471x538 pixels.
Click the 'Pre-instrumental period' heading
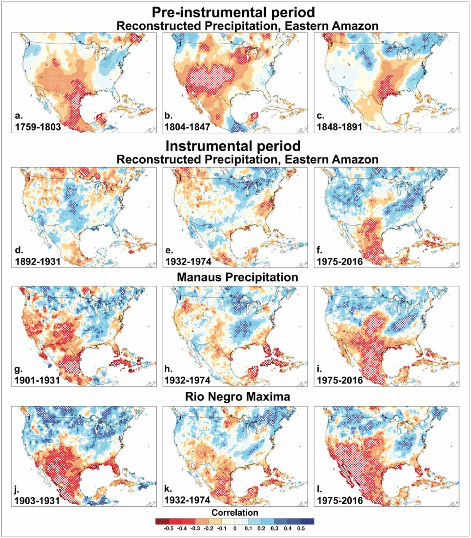pyautogui.click(x=233, y=12)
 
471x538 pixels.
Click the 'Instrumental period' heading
pyautogui.click(x=233, y=146)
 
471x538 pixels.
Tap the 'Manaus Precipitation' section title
pyautogui.click(x=237, y=277)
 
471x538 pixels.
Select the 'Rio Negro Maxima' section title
pyautogui.click(x=237, y=397)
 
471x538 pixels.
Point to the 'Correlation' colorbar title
pyautogui.click(x=235, y=512)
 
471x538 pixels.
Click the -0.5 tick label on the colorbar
pyautogui.click(x=168, y=528)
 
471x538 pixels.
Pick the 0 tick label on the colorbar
pyautogui.click(x=235, y=528)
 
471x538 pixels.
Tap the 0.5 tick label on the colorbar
pyautogui.click(x=301, y=528)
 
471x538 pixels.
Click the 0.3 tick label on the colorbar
pyautogui.click(x=274, y=528)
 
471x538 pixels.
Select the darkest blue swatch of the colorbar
pyautogui.click(x=307, y=521)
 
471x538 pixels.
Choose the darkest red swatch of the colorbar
pyautogui.click(x=162, y=521)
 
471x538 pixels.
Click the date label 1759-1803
pyautogui.click(x=37, y=127)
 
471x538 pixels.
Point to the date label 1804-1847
pyautogui.click(x=188, y=127)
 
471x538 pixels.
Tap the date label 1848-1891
pyautogui.click(x=339, y=127)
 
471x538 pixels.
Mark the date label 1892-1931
pyautogui.click(x=37, y=261)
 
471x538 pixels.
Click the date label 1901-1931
pyautogui.click(x=37, y=380)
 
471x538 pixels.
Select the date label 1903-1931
pyautogui.click(x=37, y=500)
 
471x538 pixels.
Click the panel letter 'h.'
pyautogui.click(x=168, y=369)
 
